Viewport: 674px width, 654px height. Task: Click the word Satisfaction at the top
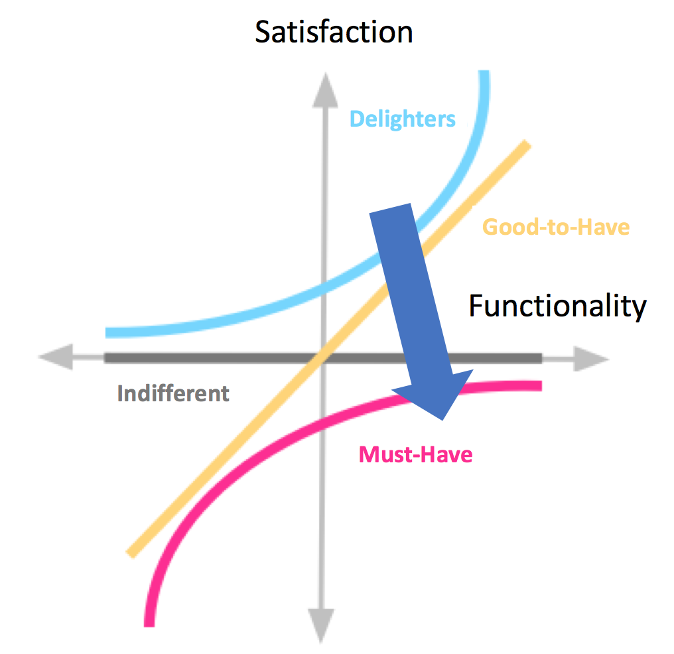pyautogui.click(x=334, y=32)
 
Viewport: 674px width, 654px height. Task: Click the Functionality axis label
pyautogui.click(x=557, y=306)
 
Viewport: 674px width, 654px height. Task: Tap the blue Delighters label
pyautogui.click(x=403, y=119)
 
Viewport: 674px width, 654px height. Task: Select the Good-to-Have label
pyautogui.click(x=555, y=228)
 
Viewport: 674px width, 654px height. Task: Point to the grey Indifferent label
pyautogui.click(x=173, y=393)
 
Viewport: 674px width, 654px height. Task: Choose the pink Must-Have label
pyautogui.click(x=415, y=455)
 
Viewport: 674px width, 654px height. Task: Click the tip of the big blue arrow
pyautogui.click(x=442, y=419)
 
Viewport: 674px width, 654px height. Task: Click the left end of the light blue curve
pyautogui.click(x=108, y=332)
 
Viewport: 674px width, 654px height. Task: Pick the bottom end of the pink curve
pyautogui.click(x=149, y=623)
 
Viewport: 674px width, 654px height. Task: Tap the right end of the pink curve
pyautogui.click(x=540, y=385)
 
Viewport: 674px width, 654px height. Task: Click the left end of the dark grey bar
pyautogui.click(x=107, y=358)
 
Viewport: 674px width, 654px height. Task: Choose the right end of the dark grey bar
pyautogui.click(x=539, y=358)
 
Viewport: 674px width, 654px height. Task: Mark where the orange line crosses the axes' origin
pyautogui.click(x=322, y=359)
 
